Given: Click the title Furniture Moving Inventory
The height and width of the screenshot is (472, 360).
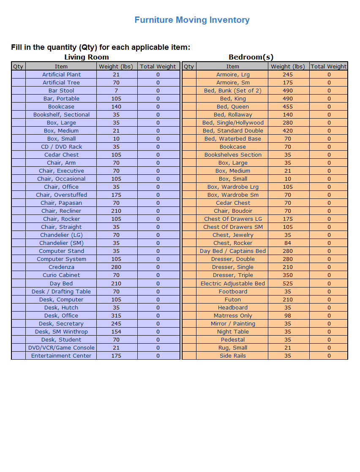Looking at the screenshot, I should [x=192, y=20].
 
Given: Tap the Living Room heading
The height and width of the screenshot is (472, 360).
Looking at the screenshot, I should [x=87, y=57].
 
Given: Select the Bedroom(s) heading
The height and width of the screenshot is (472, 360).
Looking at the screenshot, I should [x=251, y=57].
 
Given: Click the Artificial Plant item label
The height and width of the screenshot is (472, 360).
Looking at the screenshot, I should [x=61, y=74].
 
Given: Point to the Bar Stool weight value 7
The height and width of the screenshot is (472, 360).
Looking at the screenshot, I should [x=116, y=90].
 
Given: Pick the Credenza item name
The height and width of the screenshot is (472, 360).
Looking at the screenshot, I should [x=61, y=267].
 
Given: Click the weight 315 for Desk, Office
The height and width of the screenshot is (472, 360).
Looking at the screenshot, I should [x=116, y=315].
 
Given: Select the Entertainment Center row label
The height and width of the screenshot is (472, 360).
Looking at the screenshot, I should [x=61, y=355].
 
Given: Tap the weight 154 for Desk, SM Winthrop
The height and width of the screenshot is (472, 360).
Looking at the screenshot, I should [x=116, y=331].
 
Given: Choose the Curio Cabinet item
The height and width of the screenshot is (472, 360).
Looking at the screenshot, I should [x=61, y=275].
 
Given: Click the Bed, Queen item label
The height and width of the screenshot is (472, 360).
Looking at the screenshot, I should [x=233, y=106].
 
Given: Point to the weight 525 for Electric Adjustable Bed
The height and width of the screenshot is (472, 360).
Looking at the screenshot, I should [x=288, y=283].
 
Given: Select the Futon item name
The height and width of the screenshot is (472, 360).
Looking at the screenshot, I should [x=233, y=299].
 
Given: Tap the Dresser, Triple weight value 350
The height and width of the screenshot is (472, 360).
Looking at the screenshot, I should [x=288, y=275].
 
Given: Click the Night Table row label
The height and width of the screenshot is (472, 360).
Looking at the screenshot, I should [x=233, y=331].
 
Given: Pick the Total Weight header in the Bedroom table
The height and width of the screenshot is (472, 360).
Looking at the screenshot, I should [x=329, y=66].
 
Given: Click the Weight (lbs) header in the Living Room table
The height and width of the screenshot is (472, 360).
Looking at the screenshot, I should [x=116, y=66].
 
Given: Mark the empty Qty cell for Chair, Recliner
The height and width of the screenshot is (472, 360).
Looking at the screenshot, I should [x=19, y=211].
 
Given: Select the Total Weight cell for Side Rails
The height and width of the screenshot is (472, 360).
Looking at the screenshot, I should [x=329, y=355].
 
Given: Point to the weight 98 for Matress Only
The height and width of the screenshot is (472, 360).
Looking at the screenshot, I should [x=288, y=315].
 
